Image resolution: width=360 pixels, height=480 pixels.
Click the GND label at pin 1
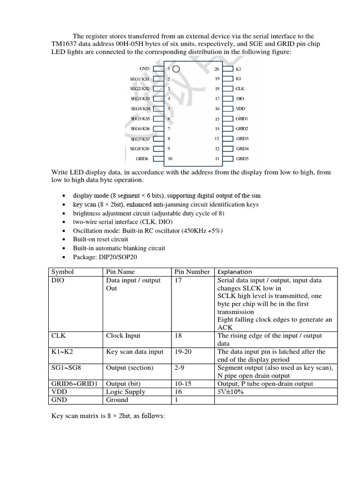[x=144, y=69]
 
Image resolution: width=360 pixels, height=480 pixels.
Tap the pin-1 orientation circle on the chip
[x=176, y=69]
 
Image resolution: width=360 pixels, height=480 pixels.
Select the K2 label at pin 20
[x=238, y=69]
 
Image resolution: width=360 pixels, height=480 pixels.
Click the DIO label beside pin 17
[x=240, y=99]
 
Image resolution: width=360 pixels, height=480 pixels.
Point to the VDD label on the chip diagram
[x=240, y=109]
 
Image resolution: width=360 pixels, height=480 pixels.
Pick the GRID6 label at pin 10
[x=142, y=159]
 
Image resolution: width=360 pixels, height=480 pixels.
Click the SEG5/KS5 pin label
[x=140, y=119]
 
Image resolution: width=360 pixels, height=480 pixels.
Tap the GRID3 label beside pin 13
[x=242, y=139]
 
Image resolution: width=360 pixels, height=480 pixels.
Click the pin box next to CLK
[x=228, y=89]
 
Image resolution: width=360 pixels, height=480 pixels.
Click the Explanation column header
[x=235, y=272]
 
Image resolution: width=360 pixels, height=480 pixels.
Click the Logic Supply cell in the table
[x=126, y=392]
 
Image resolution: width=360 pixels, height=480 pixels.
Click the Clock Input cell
[x=123, y=336]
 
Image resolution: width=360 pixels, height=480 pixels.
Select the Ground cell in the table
[x=117, y=400]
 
